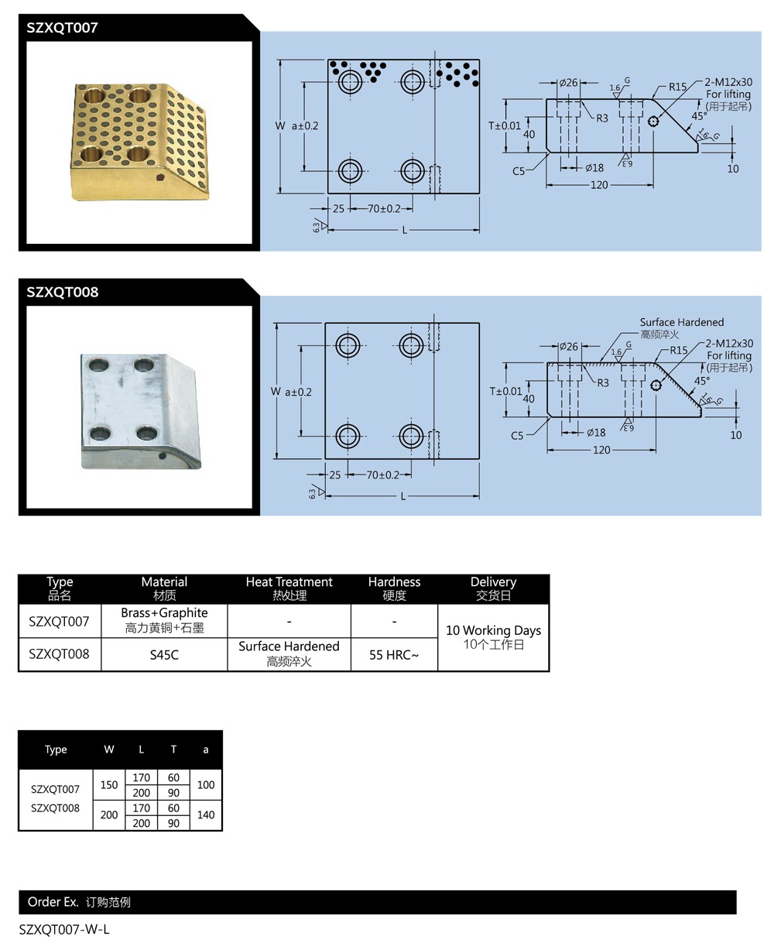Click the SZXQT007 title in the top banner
click(63, 28)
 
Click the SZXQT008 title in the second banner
click(63, 293)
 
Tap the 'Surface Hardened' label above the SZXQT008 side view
click(681, 322)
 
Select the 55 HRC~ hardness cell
click(394, 655)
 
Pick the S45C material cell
click(164, 655)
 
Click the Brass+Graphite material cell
click(164, 620)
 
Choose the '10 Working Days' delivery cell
click(493, 636)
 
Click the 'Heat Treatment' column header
click(289, 588)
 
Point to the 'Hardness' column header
click(394, 588)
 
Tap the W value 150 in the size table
click(109, 785)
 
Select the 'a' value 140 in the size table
click(205, 815)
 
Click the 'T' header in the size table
click(173, 749)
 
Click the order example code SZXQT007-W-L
click(64, 929)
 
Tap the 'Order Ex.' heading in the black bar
click(53, 902)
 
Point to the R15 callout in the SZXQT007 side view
click(678, 87)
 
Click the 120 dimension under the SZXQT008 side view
click(601, 450)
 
